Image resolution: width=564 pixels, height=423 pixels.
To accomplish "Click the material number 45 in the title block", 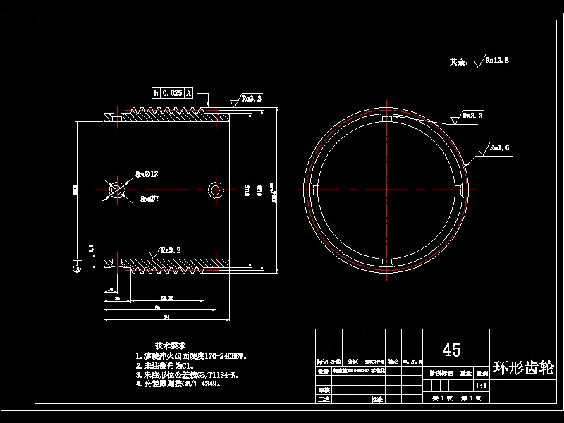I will (451, 350).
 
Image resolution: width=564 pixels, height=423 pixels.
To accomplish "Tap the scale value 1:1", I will (481, 386).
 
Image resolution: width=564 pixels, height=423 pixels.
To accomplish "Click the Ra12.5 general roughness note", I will (496, 61).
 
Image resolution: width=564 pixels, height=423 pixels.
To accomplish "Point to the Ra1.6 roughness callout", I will (498, 148).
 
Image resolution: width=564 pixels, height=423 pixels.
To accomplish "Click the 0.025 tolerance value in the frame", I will (172, 92).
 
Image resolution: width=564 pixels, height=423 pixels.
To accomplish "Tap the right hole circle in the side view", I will (216, 189).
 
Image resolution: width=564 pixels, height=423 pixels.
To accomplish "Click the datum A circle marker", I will (77, 267).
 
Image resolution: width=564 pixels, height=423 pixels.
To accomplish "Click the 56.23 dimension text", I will (168, 298).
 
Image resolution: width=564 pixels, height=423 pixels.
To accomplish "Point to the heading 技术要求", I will (170, 345).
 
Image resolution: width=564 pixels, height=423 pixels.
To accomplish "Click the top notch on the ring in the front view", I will (386, 121).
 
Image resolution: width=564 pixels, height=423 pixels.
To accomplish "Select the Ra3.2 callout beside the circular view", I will (472, 115).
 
